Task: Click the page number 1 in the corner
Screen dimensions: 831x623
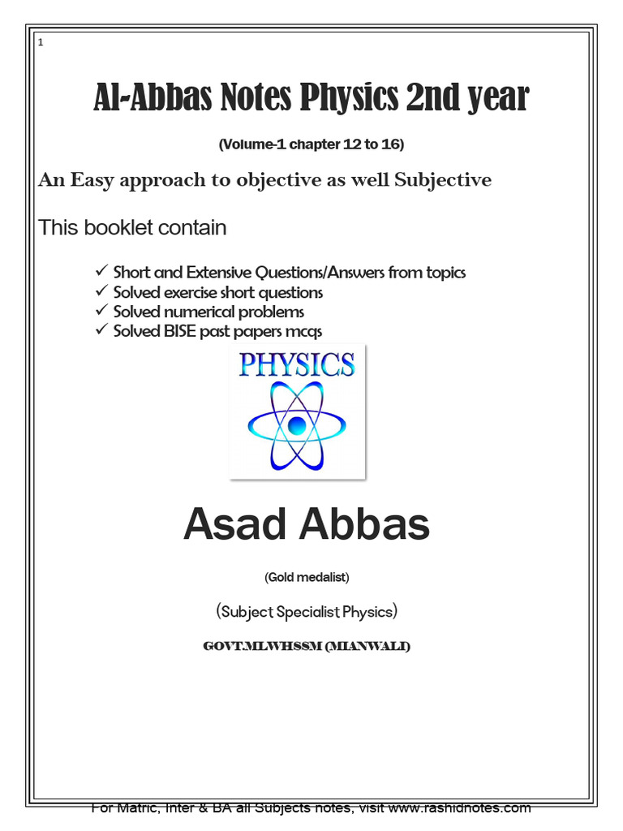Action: click(41, 42)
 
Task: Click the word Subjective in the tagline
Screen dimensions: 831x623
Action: click(443, 180)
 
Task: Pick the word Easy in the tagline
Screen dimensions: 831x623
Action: click(92, 180)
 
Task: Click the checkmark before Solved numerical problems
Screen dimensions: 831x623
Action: click(101, 311)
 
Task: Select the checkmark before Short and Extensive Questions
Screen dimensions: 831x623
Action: click(101, 272)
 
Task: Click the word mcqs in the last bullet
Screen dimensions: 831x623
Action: click(303, 331)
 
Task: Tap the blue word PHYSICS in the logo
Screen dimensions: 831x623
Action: click(297, 364)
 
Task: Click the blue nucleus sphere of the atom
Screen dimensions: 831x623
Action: click(297, 424)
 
